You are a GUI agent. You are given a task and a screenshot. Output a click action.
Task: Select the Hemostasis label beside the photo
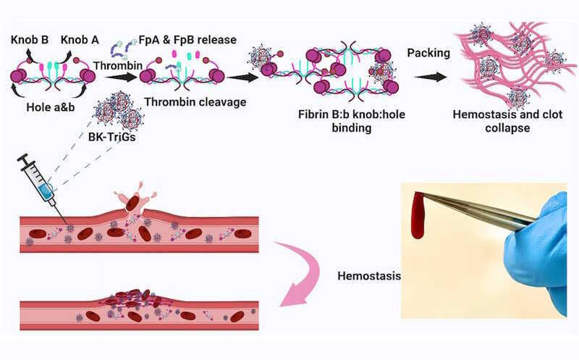pyautogui.click(x=367, y=275)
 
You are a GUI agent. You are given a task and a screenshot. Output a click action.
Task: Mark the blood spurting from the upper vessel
pyautogui.click(x=137, y=204)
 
